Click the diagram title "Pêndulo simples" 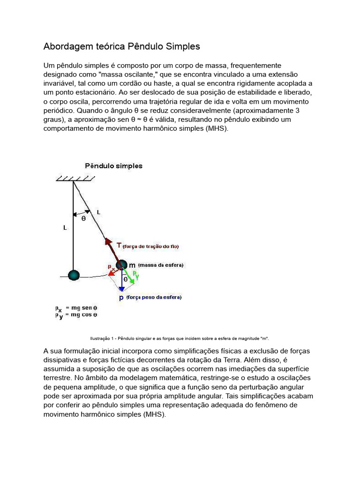[113, 166]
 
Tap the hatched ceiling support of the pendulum [75, 179]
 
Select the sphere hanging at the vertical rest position [74, 275]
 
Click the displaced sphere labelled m [121, 265]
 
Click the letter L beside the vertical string [65, 228]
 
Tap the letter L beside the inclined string [98, 212]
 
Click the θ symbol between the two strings [83, 218]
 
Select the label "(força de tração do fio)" [150, 246]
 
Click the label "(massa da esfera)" [161, 265]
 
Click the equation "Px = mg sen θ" [76, 308]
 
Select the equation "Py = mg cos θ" [76, 315]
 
